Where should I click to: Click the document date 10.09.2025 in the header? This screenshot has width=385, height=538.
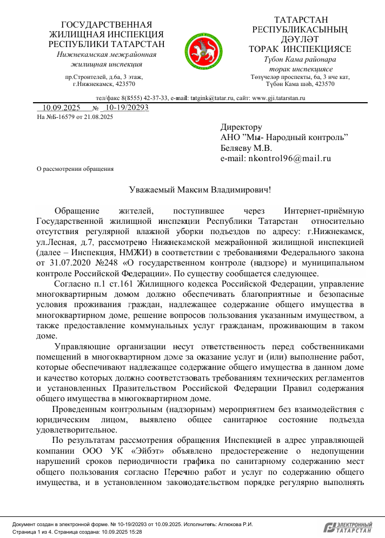62,108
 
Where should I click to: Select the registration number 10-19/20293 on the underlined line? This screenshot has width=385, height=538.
128,108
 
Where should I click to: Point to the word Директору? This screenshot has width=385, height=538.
241,128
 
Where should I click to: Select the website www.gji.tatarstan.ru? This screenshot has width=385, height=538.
279,98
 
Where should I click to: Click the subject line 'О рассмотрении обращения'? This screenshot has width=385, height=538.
75,169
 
